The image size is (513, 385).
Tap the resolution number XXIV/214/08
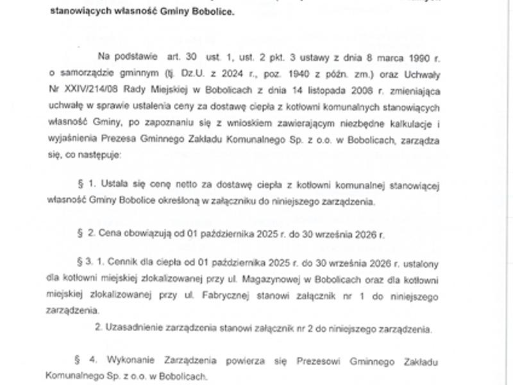coord(94,86)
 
